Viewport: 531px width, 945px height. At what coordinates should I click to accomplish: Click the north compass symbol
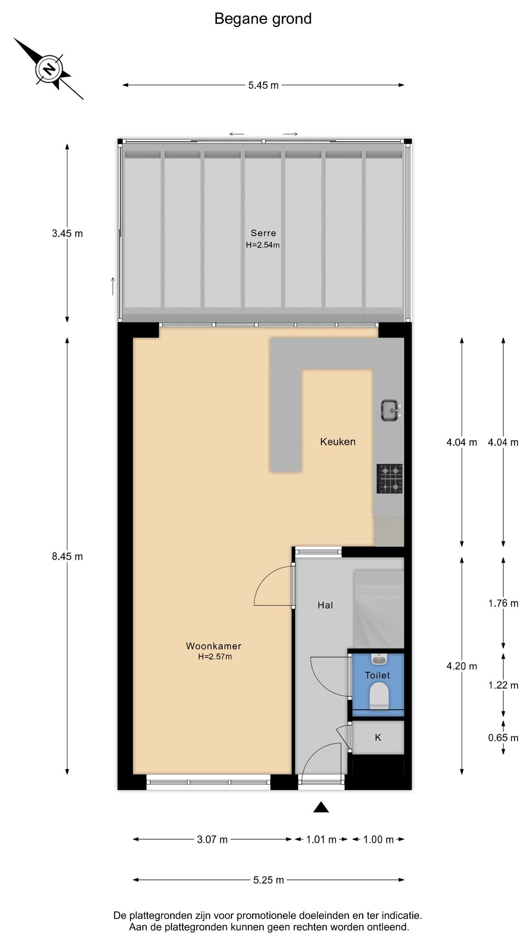tap(48, 69)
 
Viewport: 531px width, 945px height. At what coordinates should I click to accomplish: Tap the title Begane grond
tap(263, 19)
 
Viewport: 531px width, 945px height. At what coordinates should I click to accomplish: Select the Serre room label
tap(263, 233)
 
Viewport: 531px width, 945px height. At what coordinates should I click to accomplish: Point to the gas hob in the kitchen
tap(389, 478)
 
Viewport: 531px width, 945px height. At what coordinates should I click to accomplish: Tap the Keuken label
tap(338, 442)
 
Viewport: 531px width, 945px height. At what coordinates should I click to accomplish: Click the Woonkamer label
tap(213, 646)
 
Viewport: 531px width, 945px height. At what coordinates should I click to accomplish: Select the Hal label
tap(325, 605)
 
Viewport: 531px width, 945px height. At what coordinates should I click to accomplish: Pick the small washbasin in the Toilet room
tap(379, 659)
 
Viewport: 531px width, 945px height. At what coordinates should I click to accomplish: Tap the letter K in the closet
tap(378, 737)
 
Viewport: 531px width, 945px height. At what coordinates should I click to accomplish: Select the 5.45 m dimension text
tap(264, 85)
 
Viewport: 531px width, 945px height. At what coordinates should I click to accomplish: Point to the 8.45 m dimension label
tap(67, 556)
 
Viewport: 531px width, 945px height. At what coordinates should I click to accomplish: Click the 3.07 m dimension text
tap(212, 840)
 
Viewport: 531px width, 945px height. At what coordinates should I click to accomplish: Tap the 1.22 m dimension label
tap(503, 685)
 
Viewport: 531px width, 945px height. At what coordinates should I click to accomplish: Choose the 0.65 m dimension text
tap(503, 738)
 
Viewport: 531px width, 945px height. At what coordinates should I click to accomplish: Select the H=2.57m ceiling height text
tap(215, 657)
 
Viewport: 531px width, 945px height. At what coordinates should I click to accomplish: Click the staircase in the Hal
tap(378, 609)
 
